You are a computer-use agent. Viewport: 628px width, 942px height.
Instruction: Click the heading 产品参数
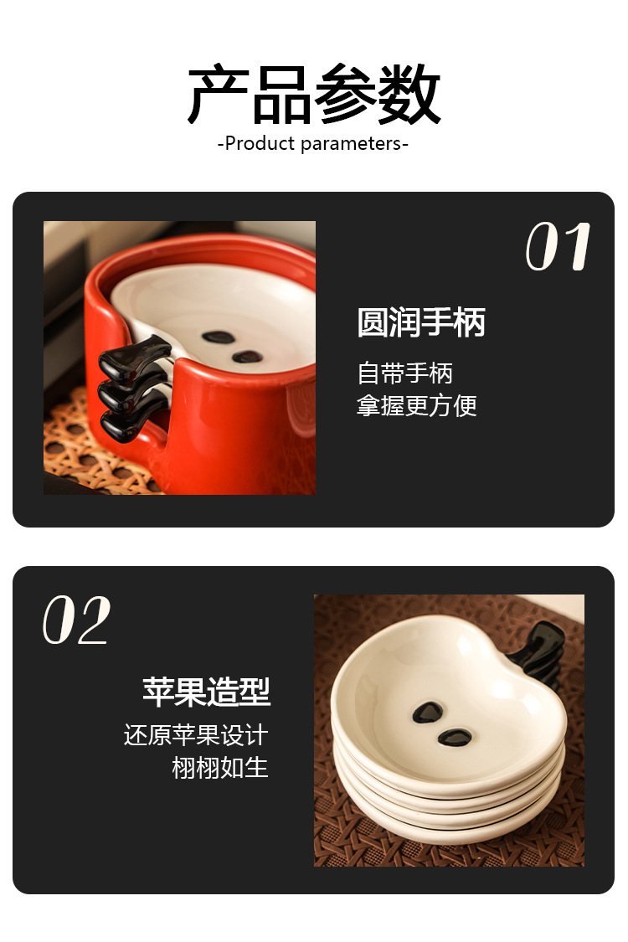click(x=314, y=95)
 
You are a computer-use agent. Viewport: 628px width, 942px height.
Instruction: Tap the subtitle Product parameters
click(x=312, y=143)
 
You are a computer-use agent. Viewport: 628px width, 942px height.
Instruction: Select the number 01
click(x=559, y=246)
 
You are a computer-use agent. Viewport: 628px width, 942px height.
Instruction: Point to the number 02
click(x=76, y=620)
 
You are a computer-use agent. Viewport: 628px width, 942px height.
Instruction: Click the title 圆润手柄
click(x=420, y=322)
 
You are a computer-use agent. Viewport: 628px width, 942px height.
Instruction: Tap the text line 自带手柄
click(x=404, y=373)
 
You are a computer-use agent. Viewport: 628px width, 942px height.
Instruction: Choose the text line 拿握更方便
click(x=416, y=405)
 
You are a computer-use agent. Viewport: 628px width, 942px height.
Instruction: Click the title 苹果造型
click(x=206, y=692)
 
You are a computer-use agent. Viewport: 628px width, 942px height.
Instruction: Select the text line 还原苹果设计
click(x=196, y=734)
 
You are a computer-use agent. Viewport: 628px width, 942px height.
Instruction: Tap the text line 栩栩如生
click(x=220, y=768)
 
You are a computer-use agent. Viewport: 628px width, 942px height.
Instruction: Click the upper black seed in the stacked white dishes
click(x=428, y=712)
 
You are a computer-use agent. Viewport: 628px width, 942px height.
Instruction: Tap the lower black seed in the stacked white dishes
click(x=455, y=737)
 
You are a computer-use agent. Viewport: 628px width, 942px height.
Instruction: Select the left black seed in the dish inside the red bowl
click(x=219, y=337)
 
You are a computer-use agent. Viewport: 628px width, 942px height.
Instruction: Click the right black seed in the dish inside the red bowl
click(x=248, y=357)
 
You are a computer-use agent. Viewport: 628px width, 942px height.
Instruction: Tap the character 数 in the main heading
click(x=410, y=95)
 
